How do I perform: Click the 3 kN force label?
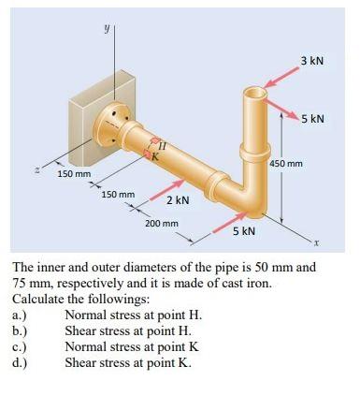tap(312, 61)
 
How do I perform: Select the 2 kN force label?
tap(178, 199)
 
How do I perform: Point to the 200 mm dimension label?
tap(162, 224)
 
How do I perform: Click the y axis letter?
tap(106, 28)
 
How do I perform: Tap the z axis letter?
tap(37, 169)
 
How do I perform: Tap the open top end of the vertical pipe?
tap(255, 94)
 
